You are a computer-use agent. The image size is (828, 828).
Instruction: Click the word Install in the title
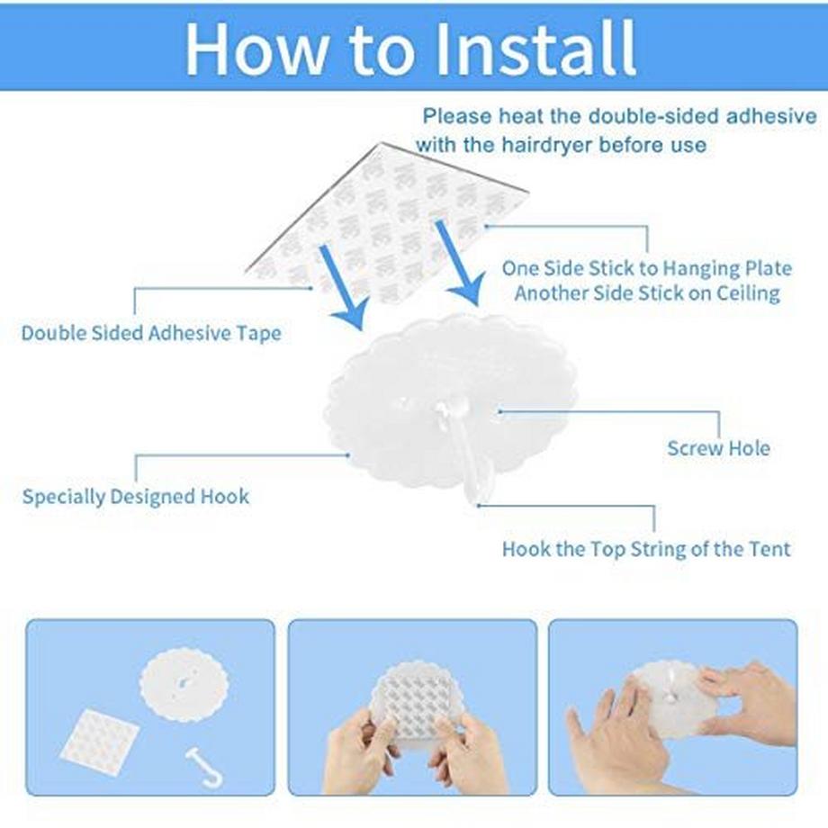click(x=536, y=48)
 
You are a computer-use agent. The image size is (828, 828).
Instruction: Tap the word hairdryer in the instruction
click(x=546, y=144)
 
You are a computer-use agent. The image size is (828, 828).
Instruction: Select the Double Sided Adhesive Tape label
click(x=151, y=333)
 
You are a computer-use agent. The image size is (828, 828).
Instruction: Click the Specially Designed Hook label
click(x=136, y=497)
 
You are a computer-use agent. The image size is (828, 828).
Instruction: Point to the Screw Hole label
click(x=719, y=448)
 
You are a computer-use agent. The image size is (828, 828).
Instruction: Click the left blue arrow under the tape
click(x=343, y=288)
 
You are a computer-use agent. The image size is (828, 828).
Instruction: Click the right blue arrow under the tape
click(x=459, y=263)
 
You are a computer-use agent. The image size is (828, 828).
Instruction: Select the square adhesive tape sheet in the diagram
click(x=387, y=221)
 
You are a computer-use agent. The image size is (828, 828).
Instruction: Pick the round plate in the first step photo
click(x=184, y=682)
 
